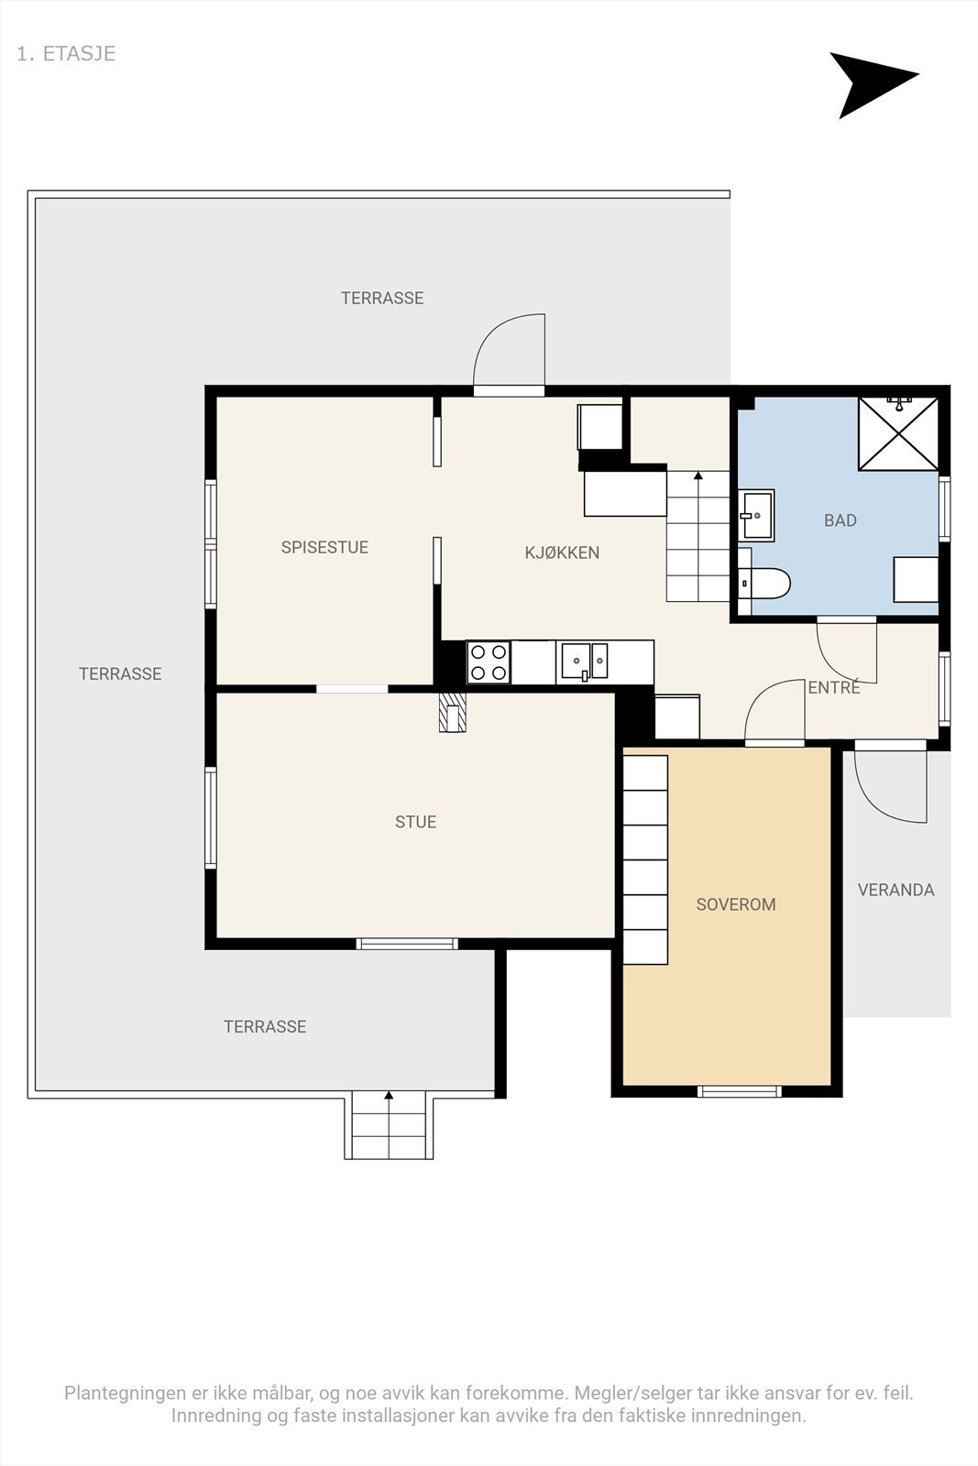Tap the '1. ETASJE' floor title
(66, 54)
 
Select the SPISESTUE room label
(324, 547)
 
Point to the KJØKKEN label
(562, 552)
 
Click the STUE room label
(416, 821)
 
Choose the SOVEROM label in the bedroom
(736, 903)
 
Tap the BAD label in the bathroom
(840, 520)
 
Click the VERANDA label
(896, 890)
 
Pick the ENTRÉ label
(833, 687)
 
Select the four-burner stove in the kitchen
(489, 662)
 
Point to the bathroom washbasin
(756, 514)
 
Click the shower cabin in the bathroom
(898, 433)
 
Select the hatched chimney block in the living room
(453, 712)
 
